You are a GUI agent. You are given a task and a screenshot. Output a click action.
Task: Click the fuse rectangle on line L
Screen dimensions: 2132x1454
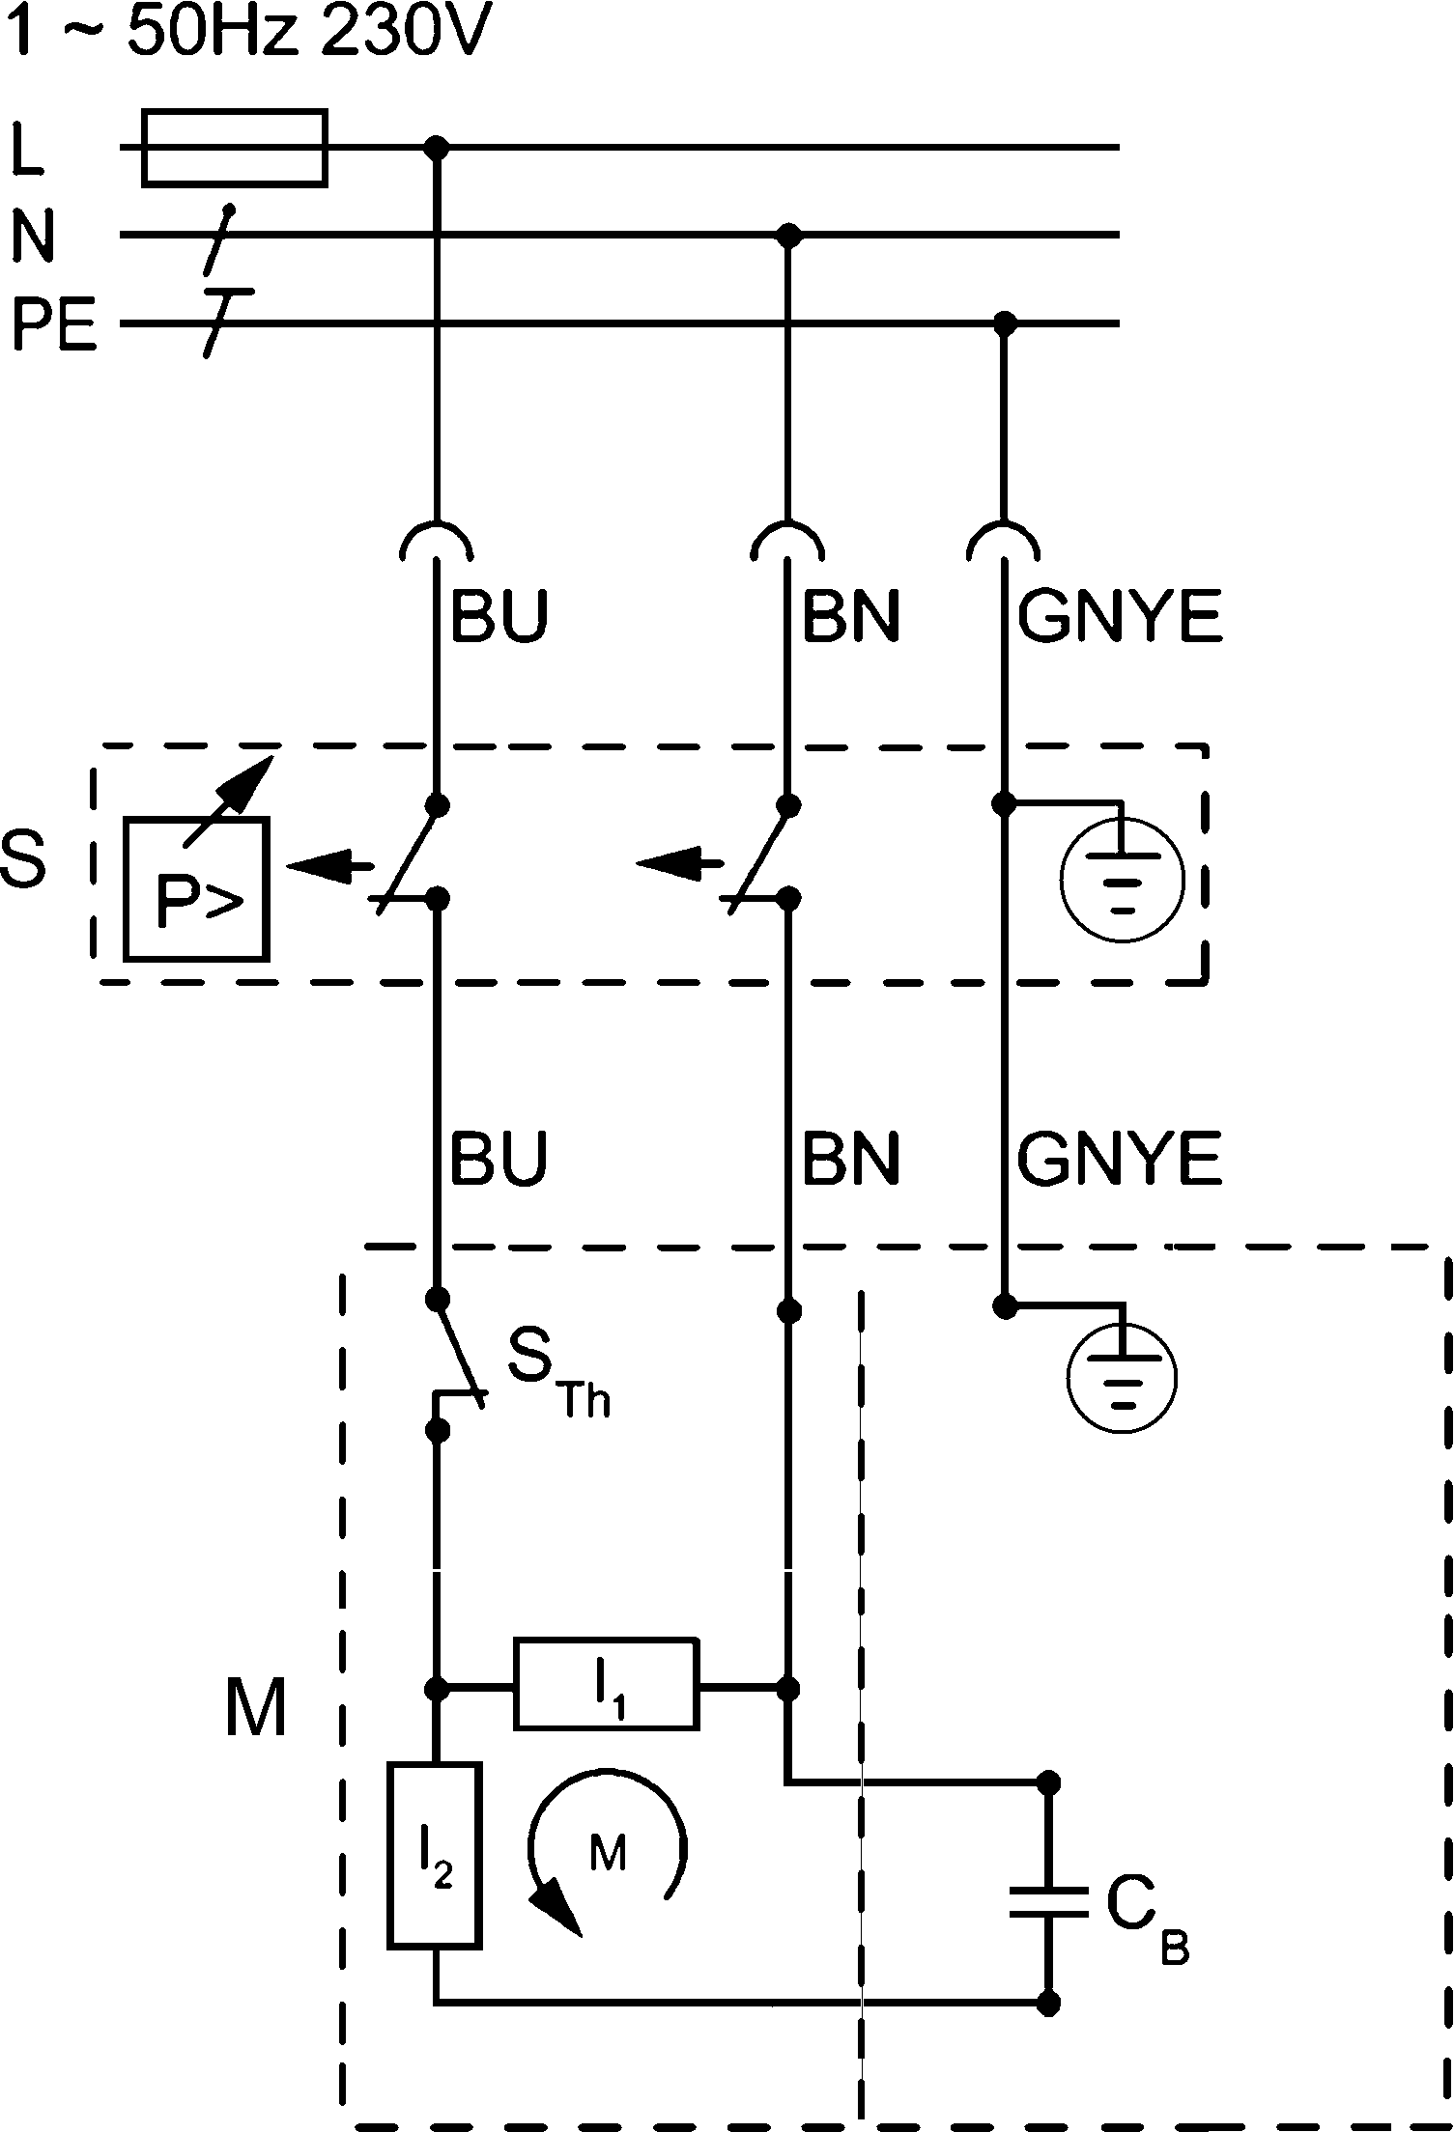click(235, 148)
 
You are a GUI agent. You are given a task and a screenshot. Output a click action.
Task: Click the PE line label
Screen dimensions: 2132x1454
click(54, 326)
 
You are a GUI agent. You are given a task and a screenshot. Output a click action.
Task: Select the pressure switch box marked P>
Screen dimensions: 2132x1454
click(196, 888)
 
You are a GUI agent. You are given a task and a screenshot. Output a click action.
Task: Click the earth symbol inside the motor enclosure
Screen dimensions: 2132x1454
click(1122, 1378)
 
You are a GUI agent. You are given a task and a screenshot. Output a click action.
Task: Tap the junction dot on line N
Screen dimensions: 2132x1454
click(790, 235)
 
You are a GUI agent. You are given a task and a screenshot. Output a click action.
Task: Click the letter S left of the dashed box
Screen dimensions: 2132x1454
click(23, 860)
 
